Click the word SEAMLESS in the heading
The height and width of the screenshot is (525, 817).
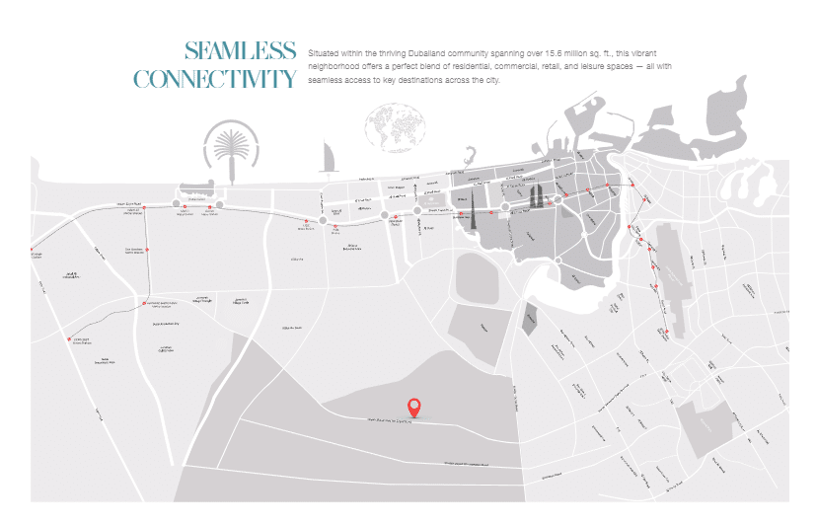tap(240, 51)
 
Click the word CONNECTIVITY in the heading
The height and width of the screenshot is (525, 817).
tap(214, 79)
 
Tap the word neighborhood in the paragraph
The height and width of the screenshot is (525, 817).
tap(336, 66)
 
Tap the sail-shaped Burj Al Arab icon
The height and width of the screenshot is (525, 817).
tap(329, 155)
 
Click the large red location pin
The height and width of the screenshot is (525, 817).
tap(415, 407)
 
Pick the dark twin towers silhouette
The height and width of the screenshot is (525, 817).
tap(538, 196)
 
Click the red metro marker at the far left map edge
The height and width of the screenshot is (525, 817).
tap(32, 250)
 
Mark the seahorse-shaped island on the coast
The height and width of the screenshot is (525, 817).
tap(472, 157)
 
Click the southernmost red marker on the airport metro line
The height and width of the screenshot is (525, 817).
tap(666, 332)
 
